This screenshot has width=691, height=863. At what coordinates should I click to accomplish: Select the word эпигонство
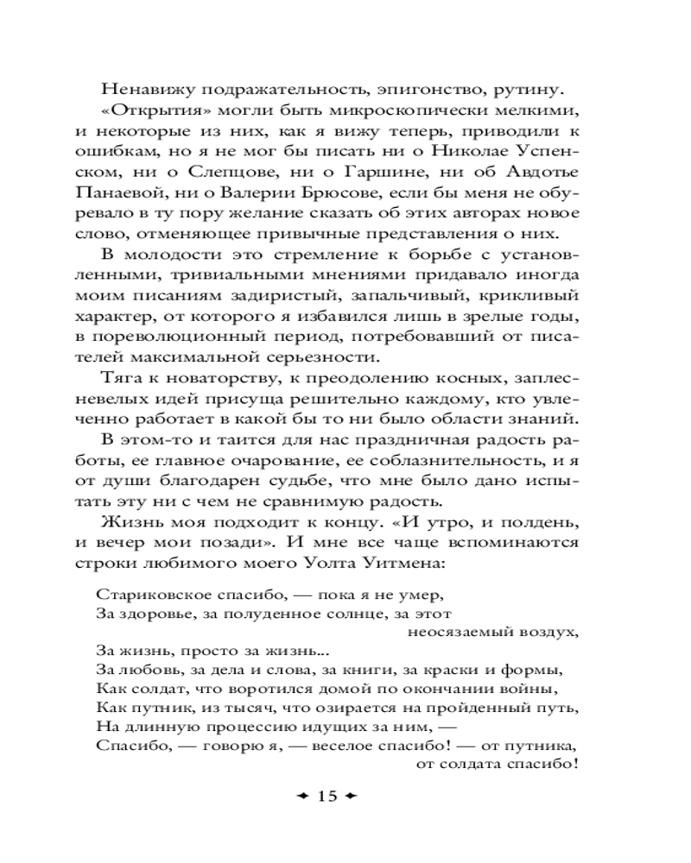[375, 88]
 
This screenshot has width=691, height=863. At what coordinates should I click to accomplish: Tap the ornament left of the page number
[298, 796]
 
